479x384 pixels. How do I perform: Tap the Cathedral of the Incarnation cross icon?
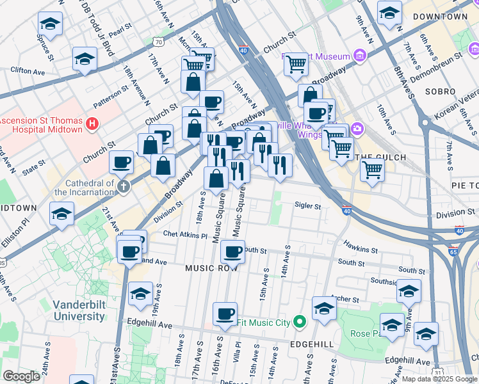tap(123, 187)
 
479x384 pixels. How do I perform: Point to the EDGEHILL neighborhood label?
tap(311, 344)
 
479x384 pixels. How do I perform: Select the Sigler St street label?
tap(307, 206)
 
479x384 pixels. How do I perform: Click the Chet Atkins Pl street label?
tap(185, 236)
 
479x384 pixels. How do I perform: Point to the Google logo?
tap(21, 376)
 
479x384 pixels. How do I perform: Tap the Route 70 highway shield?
tap(158, 42)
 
